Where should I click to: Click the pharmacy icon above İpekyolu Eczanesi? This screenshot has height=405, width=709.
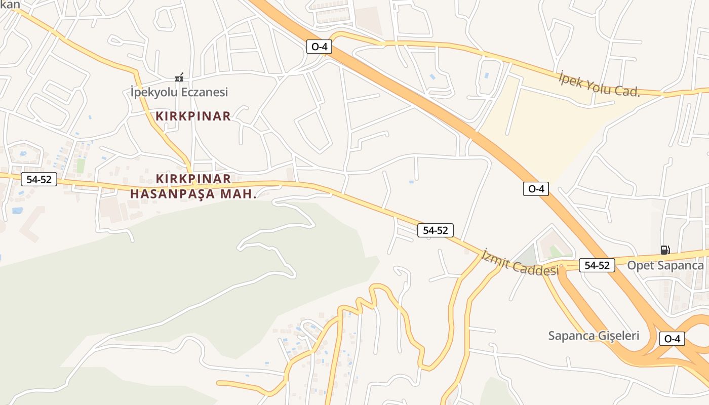click(179, 77)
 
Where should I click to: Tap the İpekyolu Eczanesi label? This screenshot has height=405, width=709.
click(179, 92)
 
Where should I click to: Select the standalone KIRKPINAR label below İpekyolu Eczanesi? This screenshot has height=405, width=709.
click(193, 116)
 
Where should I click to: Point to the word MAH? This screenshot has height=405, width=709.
click(240, 194)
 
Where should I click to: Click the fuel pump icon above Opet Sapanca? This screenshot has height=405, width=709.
click(665, 250)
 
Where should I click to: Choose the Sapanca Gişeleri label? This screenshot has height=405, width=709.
click(594, 335)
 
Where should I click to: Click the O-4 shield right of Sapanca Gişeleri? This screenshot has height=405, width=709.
click(672, 339)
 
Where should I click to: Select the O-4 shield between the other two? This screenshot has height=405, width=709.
click(536, 189)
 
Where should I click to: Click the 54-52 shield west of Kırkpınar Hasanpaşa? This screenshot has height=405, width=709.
click(39, 179)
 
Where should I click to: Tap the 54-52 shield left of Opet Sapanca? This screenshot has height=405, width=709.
click(597, 265)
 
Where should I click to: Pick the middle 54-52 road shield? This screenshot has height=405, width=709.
click(436, 230)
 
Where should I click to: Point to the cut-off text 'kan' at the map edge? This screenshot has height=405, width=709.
click(10, 5)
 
